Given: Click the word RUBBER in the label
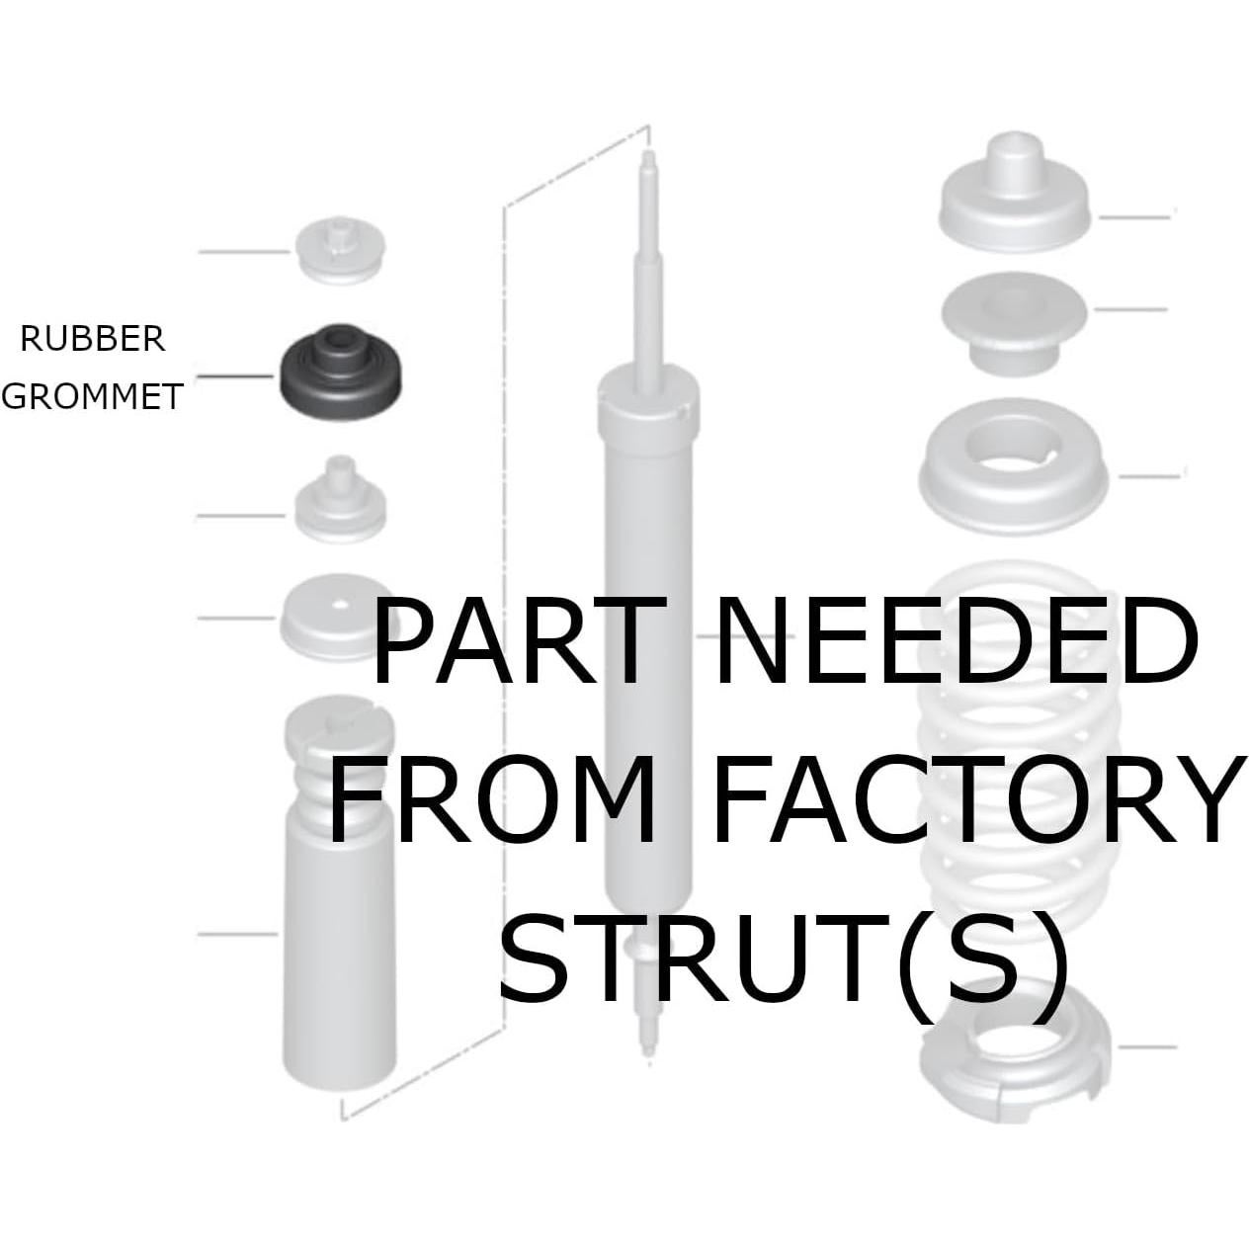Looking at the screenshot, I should (x=93, y=339).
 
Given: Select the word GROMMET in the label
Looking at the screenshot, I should (x=92, y=396).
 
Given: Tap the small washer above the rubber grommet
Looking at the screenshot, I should (x=340, y=251).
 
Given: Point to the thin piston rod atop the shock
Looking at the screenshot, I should (x=650, y=277).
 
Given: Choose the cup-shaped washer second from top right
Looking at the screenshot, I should (x=1013, y=321).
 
